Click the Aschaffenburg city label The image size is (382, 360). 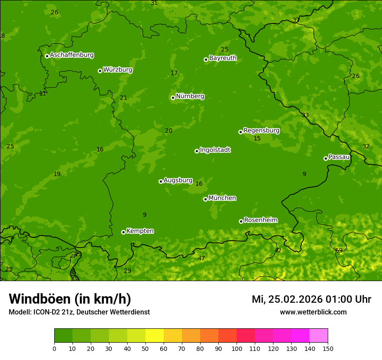[72, 55]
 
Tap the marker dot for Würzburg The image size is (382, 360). [100, 71]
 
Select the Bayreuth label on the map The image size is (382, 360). [223, 58]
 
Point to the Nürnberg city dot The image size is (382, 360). [173, 98]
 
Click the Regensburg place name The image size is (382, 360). [261, 131]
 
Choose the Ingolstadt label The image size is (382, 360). [215, 150]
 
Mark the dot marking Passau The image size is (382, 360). [326, 158]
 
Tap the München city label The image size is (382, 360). [222, 198]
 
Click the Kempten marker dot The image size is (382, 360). [123, 232]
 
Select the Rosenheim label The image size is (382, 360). [260, 220]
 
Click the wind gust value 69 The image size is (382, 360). [339, 250]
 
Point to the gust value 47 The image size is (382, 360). [201, 258]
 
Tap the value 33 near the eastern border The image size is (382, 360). [305, 115]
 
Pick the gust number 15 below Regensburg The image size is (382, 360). [257, 139]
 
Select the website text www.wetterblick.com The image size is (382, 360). [313, 312]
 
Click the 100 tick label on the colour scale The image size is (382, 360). [237, 348]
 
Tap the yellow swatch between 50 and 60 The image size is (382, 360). [155, 336]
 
